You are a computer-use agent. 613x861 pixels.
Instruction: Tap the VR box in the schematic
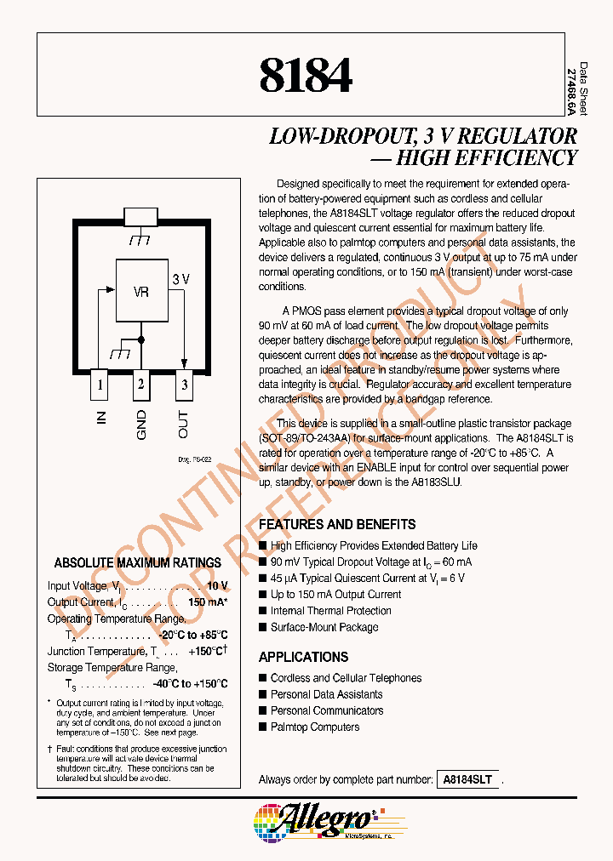click(141, 291)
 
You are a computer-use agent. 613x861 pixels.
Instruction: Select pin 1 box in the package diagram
click(100, 385)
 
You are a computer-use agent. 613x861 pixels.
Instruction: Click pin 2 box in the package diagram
click(141, 385)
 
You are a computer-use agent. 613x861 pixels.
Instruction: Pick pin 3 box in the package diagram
click(183, 385)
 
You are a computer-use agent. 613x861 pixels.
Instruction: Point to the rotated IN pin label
click(101, 419)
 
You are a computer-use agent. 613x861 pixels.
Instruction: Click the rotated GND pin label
click(141, 425)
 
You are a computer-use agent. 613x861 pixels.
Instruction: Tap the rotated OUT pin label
click(183, 424)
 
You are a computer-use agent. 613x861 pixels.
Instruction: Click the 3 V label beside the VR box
click(180, 279)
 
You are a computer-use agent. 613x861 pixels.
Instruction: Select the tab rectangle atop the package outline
click(141, 216)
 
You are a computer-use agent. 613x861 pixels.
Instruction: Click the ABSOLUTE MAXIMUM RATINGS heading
click(138, 563)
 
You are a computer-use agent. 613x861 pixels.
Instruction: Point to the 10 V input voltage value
click(217, 585)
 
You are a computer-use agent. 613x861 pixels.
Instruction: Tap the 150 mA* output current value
click(208, 602)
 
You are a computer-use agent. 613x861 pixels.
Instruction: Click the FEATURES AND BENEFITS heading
click(337, 525)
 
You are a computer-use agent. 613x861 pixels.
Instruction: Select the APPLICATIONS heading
click(303, 658)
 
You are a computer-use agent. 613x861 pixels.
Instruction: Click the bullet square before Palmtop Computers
click(263, 727)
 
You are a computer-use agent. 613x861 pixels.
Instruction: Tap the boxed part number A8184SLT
click(468, 779)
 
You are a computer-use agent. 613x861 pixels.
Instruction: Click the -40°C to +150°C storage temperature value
click(191, 684)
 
